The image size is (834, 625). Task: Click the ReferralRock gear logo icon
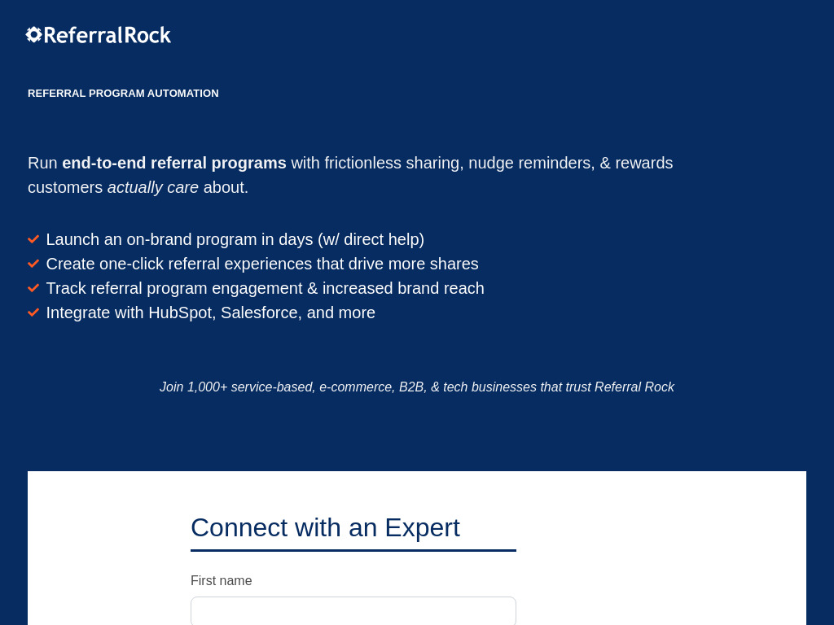[33, 34]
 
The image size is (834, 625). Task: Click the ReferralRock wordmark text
[108, 35]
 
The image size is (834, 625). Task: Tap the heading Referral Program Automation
[123, 93]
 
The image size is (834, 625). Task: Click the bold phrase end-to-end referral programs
[174, 163]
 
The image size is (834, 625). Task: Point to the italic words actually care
[152, 187]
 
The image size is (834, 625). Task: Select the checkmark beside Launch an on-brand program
[33, 239]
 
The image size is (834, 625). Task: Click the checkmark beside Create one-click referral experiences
[33, 264]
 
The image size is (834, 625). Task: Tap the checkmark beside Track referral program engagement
[33, 288]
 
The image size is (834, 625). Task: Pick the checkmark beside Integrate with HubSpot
[33, 312]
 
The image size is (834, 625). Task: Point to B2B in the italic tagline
[412, 387]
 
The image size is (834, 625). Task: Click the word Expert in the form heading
[422, 527]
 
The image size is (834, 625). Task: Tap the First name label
[222, 580]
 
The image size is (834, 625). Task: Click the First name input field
[353, 610]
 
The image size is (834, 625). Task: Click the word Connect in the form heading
[239, 527]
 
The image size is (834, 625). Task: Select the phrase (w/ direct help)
[371, 240]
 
